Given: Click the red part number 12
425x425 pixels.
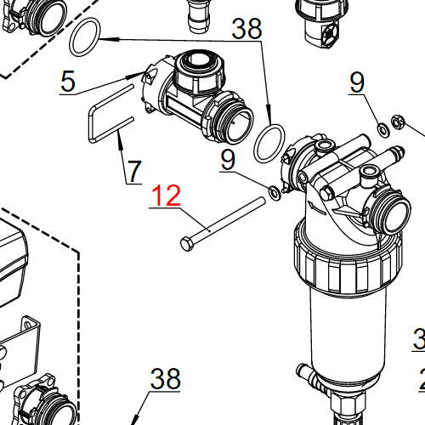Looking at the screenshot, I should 166,196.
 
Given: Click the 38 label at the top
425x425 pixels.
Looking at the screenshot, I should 247,31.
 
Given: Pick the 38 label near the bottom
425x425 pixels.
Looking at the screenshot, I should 166,379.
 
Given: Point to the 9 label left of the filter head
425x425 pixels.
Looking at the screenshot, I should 227,159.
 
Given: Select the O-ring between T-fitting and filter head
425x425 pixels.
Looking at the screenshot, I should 269,144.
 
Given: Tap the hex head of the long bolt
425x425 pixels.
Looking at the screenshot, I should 186,243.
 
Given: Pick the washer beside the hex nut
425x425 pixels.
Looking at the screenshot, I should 381,128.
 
